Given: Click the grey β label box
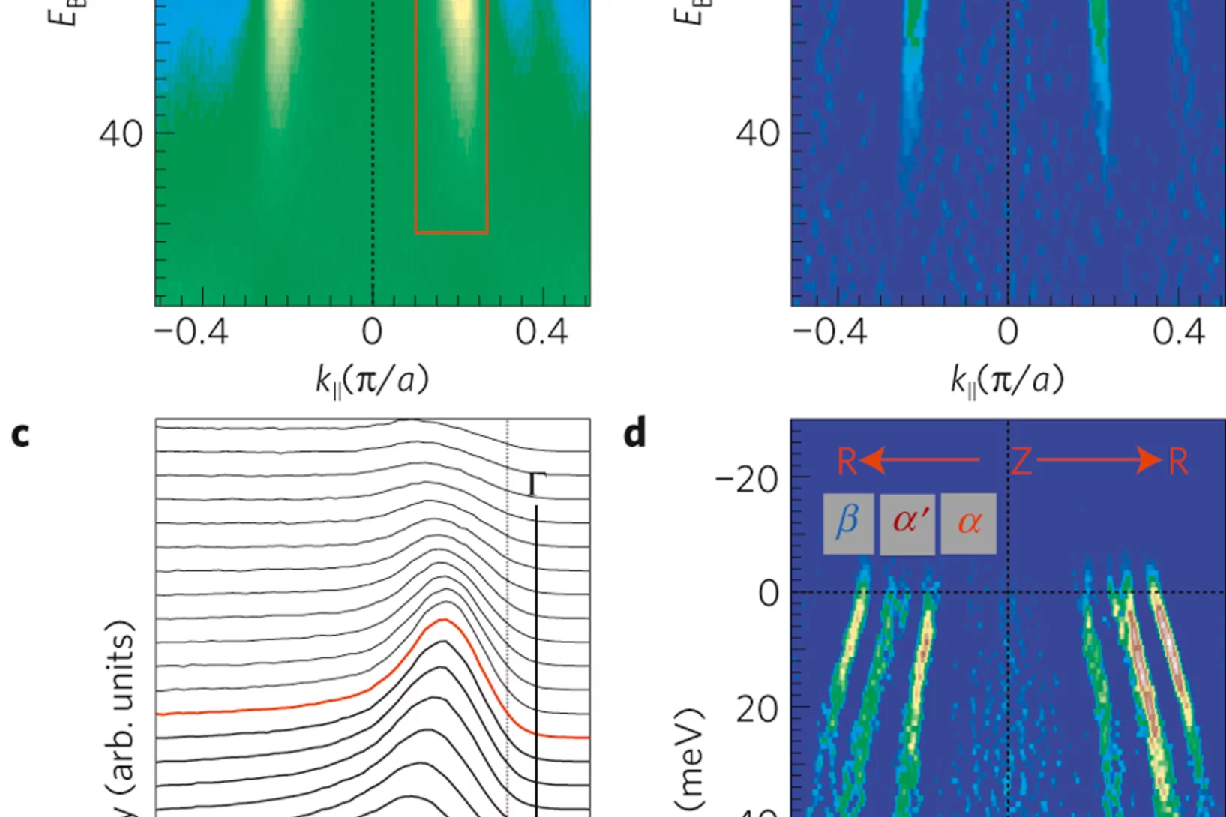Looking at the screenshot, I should pyautogui.click(x=848, y=523).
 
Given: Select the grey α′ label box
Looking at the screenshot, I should pyautogui.click(x=907, y=523).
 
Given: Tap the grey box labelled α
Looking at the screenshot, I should pyautogui.click(x=968, y=523).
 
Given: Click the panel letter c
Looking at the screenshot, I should pyautogui.click(x=21, y=435).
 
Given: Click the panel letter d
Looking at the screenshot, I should pyautogui.click(x=634, y=434).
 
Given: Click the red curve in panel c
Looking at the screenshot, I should pyautogui.click(x=300, y=706).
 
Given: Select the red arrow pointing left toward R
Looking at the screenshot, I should pyautogui.click(x=919, y=460).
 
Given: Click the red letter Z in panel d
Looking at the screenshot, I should pyautogui.click(x=1021, y=462).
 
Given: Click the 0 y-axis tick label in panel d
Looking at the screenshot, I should pyautogui.click(x=769, y=594).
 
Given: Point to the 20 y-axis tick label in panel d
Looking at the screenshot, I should pyautogui.click(x=757, y=708).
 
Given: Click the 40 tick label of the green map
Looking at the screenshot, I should pyautogui.click(x=121, y=134).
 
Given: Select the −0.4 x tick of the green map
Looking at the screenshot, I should pyautogui.click(x=191, y=332).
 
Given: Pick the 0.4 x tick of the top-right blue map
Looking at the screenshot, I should pyautogui.click(x=1178, y=332).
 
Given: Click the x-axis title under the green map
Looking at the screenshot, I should pyautogui.click(x=372, y=380).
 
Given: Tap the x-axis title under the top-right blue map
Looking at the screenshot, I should pyautogui.click(x=1007, y=380).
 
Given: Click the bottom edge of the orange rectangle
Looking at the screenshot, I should pyautogui.click(x=451, y=232).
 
